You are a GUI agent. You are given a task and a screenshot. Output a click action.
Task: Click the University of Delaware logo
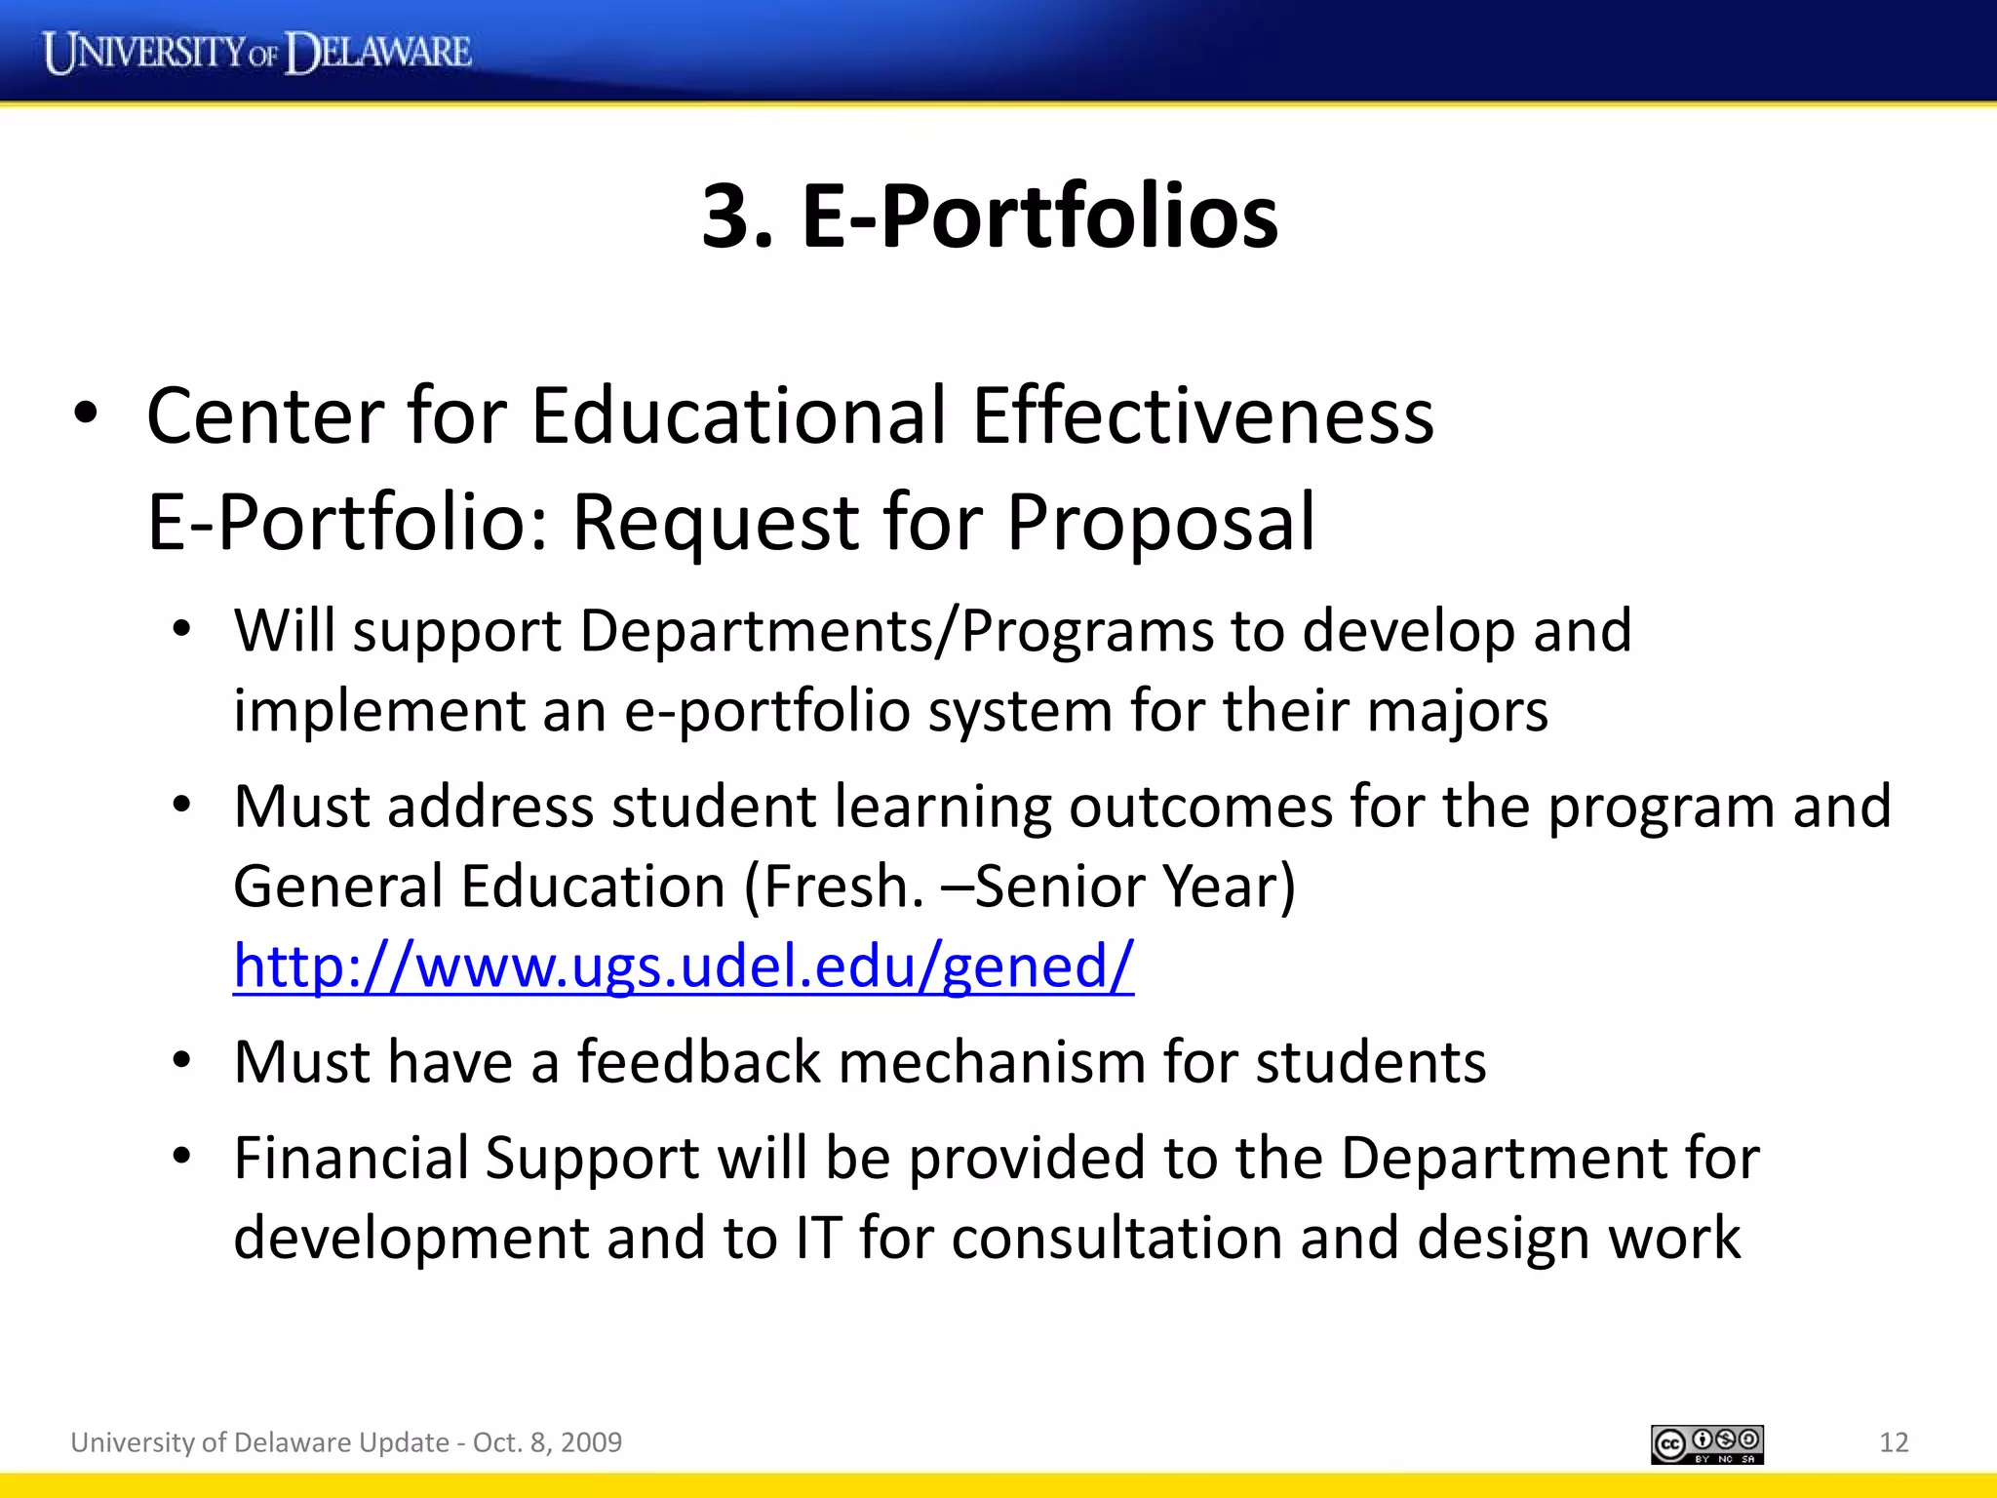point(257,52)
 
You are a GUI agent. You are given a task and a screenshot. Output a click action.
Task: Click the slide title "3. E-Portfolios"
point(990,216)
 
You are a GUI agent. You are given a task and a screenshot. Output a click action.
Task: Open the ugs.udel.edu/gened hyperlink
point(683,966)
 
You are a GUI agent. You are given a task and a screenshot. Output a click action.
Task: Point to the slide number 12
point(1893,1442)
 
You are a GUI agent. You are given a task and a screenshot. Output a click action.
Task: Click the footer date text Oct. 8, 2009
point(547,1442)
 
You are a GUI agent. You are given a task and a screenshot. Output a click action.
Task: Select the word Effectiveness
point(1202,415)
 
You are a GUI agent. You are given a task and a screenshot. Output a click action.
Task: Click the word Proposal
point(1160,523)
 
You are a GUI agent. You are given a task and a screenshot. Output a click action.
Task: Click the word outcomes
point(1200,807)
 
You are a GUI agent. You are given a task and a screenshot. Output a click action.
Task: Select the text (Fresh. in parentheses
point(834,887)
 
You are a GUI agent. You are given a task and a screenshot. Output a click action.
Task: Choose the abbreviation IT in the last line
point(817,1239)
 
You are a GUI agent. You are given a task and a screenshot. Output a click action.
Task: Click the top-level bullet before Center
point(86,414)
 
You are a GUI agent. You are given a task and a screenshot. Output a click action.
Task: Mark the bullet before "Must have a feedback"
point(181,1061)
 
